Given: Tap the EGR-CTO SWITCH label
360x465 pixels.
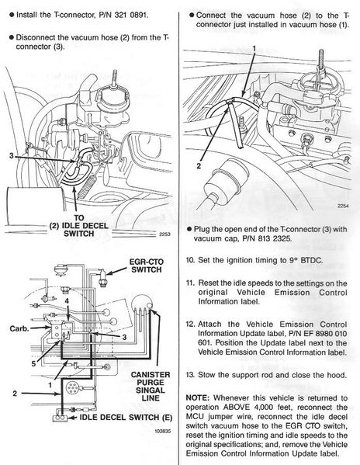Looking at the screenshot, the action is [x=147, y=265].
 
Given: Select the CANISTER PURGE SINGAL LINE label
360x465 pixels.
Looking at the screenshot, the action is [x=151, y=387].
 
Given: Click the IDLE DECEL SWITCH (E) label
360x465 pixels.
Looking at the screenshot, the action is [x=126, y=417].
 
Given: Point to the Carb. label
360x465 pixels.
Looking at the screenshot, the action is [x=19, y=328].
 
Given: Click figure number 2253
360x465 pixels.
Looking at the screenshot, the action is [x=164, y=234].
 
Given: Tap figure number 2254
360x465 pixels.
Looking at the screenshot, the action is [x=343, y=206].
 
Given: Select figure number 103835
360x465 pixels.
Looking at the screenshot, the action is [x=163, y=431].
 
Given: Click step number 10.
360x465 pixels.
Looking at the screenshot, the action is [x=190, y=260].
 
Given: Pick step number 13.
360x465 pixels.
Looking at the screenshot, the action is [x=190, y=375].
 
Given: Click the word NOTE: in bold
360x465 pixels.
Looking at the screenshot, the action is [x=198, y=397].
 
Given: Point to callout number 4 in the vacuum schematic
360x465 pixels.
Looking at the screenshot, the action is [x=67, y=301].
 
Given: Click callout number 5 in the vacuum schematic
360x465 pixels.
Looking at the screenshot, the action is [x=33, y=363].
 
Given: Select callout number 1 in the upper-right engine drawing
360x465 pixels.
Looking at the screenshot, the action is [x=254, y=48].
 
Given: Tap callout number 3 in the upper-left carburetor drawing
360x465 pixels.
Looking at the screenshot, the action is [x=12, y=156].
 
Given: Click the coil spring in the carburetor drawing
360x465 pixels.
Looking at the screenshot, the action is [x=87, y=187].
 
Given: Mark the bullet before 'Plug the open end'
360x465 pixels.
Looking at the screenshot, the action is [x=189, y=229].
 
